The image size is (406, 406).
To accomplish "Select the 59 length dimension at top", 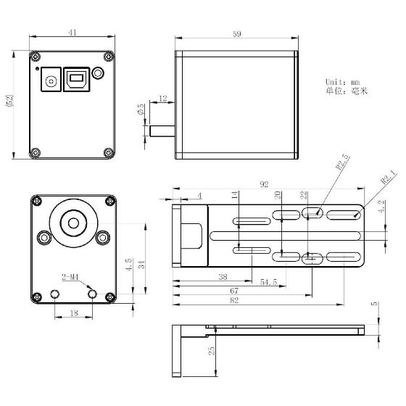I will point(236,33).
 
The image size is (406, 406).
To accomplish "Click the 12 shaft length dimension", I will point(162,98).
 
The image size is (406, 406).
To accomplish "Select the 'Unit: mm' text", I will point(343,82).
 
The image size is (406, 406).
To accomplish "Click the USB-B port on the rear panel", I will point(75,79).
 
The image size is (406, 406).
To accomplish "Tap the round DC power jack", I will point(51,80).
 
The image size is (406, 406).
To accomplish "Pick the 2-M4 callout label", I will point(70,276).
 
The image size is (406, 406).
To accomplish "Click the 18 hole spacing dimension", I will point(73,314).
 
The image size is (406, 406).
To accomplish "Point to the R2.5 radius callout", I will point(323,162).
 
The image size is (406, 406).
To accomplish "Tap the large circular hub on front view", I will point(73,223).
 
